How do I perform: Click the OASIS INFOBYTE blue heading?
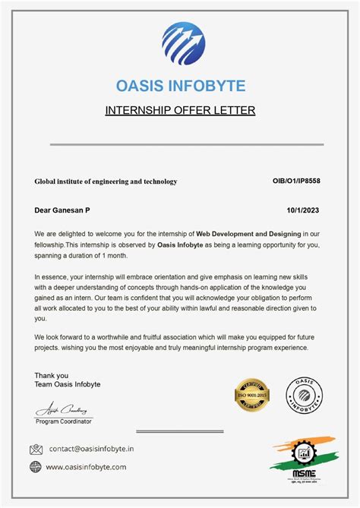tap(180, 85)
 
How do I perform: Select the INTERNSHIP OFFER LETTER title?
tap(180, 110)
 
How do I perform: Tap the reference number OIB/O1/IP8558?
tap(296, 181)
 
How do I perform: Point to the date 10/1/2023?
tap(302, 209)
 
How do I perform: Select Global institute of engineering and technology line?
tap(106, 181)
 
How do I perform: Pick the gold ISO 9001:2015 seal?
tap(253, 396)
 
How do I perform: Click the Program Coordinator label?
tap(65, 421)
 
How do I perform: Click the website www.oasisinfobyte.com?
tap(86, 467)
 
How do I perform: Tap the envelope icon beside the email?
tap(36, 450)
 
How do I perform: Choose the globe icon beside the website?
tap(36, 467)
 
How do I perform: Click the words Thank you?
tap(51, 375)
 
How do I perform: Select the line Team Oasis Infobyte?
tap(67, 384)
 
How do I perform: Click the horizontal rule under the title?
tap(187, 144)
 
